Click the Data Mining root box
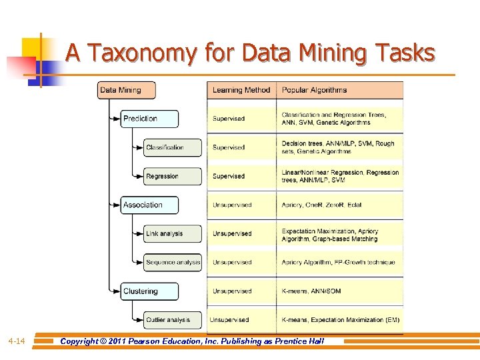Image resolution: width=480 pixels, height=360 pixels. pos(127,90)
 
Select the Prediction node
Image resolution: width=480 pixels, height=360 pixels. pos(149,119)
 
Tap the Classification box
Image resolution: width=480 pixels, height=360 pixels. pos(172,147)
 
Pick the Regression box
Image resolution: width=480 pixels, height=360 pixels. pos(172,176)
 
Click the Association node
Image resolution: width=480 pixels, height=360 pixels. pos(149,205)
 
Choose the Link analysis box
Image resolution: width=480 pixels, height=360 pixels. pos(172,233)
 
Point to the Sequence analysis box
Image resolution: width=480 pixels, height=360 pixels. pos(172,262)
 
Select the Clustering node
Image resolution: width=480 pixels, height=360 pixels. pos(149,291)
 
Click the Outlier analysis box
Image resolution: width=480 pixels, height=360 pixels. pos(172,319)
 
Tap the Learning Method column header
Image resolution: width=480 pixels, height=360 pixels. pos(241,90)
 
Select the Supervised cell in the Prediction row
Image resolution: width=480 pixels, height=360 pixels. pos(229,119)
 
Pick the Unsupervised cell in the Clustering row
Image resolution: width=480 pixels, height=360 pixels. pos(232,291)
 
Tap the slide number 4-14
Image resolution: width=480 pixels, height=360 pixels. pos(17,341)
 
